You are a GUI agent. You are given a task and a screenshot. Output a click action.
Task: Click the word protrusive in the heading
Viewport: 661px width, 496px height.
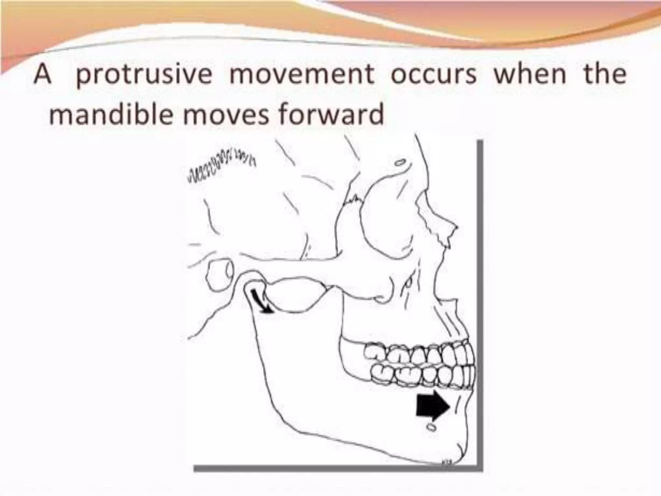144,75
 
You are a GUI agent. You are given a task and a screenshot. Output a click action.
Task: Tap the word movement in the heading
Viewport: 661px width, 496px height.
301,75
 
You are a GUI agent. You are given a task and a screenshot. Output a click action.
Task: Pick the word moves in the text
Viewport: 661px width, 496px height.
226,115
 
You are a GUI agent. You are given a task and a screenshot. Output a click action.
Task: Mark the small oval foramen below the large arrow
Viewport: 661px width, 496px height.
431,428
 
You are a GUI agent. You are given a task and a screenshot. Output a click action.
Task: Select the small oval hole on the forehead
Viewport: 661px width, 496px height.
400,162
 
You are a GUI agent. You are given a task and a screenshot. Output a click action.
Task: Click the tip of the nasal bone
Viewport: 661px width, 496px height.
456,226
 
